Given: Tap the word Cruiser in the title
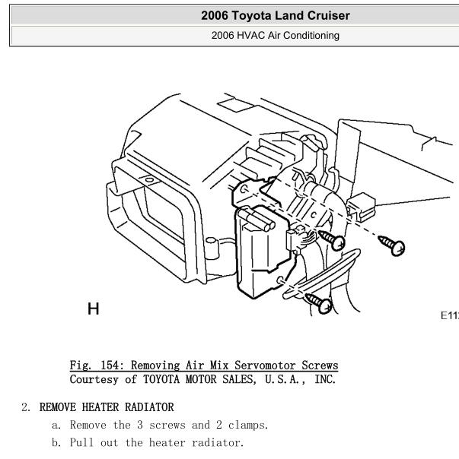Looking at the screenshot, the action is tap(329, 15).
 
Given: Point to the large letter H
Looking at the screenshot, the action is tap(94, 309).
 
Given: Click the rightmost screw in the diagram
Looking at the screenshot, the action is tap(392, 245).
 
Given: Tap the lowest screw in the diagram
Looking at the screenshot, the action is tap(319, 303).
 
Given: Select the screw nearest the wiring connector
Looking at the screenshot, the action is tap(332, 240).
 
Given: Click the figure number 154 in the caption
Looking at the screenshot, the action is tap(110, 366).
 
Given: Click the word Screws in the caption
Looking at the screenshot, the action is tap(320, 366).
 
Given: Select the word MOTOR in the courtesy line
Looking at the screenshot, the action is tap(201, 379).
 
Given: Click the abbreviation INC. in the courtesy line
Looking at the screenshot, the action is tap(325, 379).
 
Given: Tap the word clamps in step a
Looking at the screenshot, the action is tap(248, 425).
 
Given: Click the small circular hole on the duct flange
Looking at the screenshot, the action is tap(149, 180).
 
